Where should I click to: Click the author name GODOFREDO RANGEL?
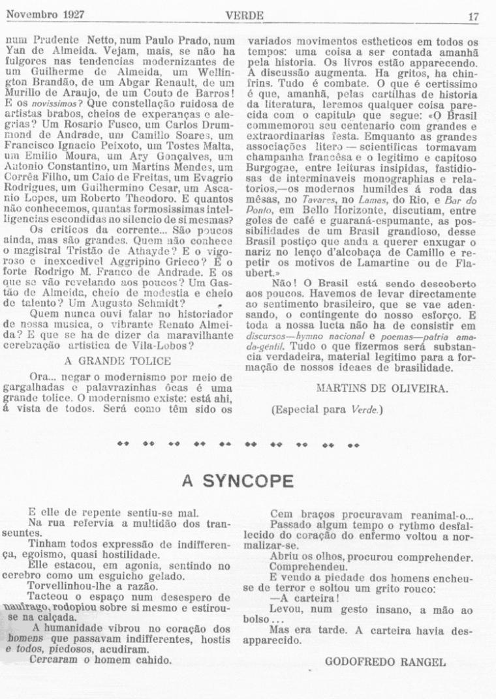[x=385, y=662]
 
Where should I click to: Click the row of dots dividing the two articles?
[x=238, y=446]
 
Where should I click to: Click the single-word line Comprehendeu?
[x=307, y=569]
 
